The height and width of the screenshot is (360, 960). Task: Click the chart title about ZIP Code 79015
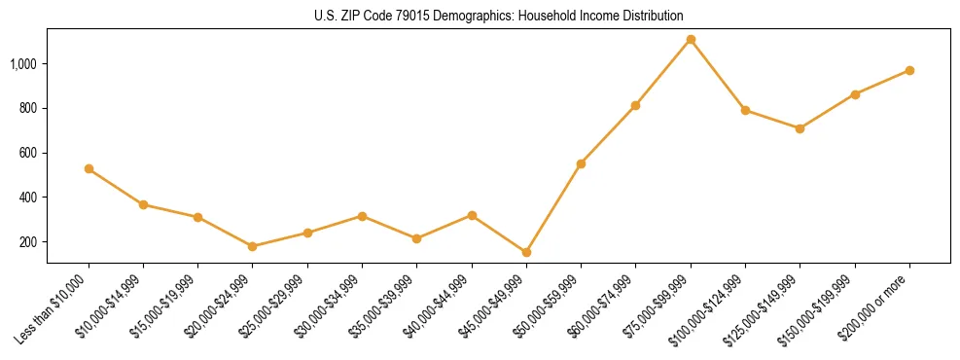point(499,17)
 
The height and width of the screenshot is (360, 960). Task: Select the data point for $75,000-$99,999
point(691,39)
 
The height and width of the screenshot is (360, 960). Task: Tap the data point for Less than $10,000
point(89,169)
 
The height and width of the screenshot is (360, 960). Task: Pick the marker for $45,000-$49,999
point(526,252)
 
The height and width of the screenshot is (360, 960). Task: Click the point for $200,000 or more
point(909,70)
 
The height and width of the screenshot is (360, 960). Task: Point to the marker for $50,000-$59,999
point(581,163)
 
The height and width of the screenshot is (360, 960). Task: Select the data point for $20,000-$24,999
point(253,246)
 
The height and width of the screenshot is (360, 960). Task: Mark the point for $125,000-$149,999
point(800,128)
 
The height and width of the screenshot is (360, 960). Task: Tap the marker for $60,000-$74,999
point(635,105)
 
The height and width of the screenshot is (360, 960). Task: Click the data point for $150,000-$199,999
point(855,94)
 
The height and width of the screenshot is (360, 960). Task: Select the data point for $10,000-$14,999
point(143,204)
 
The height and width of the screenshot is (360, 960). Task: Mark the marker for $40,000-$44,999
point(472,215)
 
